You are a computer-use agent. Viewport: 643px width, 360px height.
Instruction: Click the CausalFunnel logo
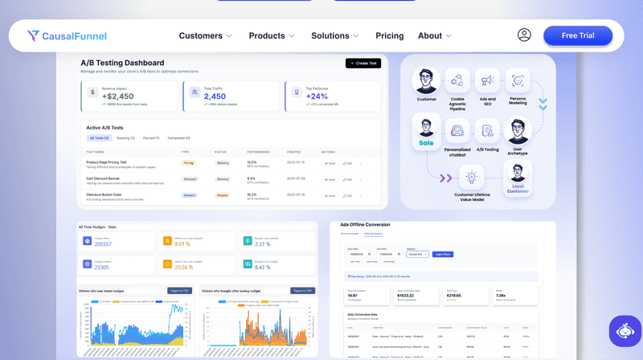[x=67, y=35]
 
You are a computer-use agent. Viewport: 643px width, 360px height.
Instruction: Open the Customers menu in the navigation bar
[x=205, y=35]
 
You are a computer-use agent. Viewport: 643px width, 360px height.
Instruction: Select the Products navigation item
[x=272, y=35]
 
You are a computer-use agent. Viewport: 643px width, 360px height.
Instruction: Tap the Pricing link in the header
[x=390, y=35]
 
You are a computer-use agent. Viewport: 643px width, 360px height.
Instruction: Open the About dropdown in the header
[x=435, y=35]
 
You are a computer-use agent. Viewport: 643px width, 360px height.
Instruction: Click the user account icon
[x=524, y=35]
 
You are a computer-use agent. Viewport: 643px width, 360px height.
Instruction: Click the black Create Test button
[x=362, y=63]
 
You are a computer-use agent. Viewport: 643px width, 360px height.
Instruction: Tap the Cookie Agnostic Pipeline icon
[x=457, y=81]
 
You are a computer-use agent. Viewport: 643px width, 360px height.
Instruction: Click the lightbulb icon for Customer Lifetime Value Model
[x=472, y=176]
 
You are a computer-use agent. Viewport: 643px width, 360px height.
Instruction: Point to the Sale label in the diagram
[x=425, y=143]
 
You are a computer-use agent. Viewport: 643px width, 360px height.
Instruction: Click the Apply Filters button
[x=443, y=254]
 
